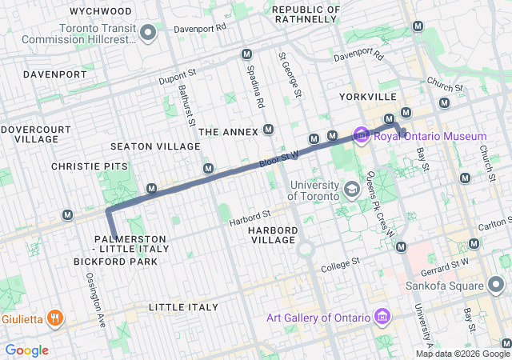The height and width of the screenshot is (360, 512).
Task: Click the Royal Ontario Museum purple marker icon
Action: point(361,134)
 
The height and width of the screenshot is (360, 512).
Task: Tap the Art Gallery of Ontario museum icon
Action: point(381,318)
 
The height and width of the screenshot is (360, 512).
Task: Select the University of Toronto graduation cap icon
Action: point(351,190)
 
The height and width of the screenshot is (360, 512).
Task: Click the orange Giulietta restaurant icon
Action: point(55,318)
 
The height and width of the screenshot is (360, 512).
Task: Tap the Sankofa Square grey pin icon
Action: point(497,284)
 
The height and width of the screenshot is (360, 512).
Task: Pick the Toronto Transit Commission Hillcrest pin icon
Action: point(147,32)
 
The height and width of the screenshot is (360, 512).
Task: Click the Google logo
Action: point(26,350)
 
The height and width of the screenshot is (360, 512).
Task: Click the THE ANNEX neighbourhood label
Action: point(228,131)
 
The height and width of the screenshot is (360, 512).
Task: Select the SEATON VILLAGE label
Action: point(155,146)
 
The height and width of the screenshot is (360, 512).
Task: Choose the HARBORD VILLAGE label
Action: point(273,235)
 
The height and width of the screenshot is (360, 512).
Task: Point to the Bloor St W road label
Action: point(278,160)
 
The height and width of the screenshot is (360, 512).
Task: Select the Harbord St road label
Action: point(250,218)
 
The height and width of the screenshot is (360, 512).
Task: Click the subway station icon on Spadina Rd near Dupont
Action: point(246,54)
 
